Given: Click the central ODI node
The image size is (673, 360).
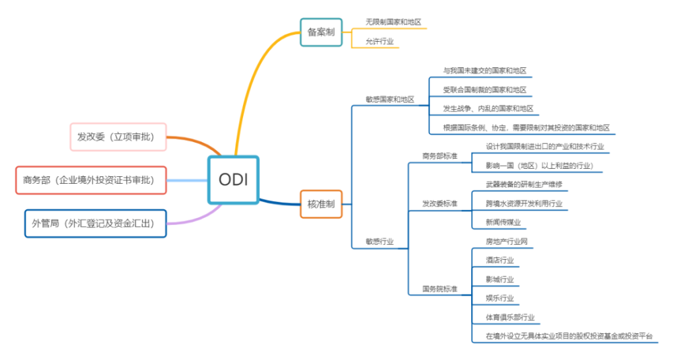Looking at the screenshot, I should tap(233, 180).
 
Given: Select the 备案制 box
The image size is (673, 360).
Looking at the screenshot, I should tap(321, 32).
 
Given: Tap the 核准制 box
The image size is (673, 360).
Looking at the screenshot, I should tap(321, 203).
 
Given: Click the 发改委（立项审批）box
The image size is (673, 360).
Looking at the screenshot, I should tap(118, 137).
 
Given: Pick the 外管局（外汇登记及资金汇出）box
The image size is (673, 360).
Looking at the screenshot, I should tap(96, 223).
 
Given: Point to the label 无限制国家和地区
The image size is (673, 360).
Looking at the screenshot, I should tap(394, 22).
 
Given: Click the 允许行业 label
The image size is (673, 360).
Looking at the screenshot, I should tap(380, 42).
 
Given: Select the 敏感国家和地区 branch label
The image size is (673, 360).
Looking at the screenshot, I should tap(390, 100).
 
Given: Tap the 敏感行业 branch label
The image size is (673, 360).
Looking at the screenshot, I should tap(380, 241).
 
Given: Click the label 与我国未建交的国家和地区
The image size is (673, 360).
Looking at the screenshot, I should tap(485, 71).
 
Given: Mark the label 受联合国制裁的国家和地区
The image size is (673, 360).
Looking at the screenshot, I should tap(485, 89).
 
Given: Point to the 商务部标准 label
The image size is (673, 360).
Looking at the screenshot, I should tap(439, 156).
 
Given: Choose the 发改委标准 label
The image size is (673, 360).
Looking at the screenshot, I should tap(439, 203).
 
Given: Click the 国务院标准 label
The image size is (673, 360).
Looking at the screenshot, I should tap(439, 289).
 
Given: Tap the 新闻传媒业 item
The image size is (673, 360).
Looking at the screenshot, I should tap(503, 222).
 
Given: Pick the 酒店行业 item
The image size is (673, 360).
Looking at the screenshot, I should tap(499, 260).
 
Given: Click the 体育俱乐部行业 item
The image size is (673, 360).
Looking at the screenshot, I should tap(509, 316).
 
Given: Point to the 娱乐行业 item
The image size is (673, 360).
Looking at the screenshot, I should tap(499, 297).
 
